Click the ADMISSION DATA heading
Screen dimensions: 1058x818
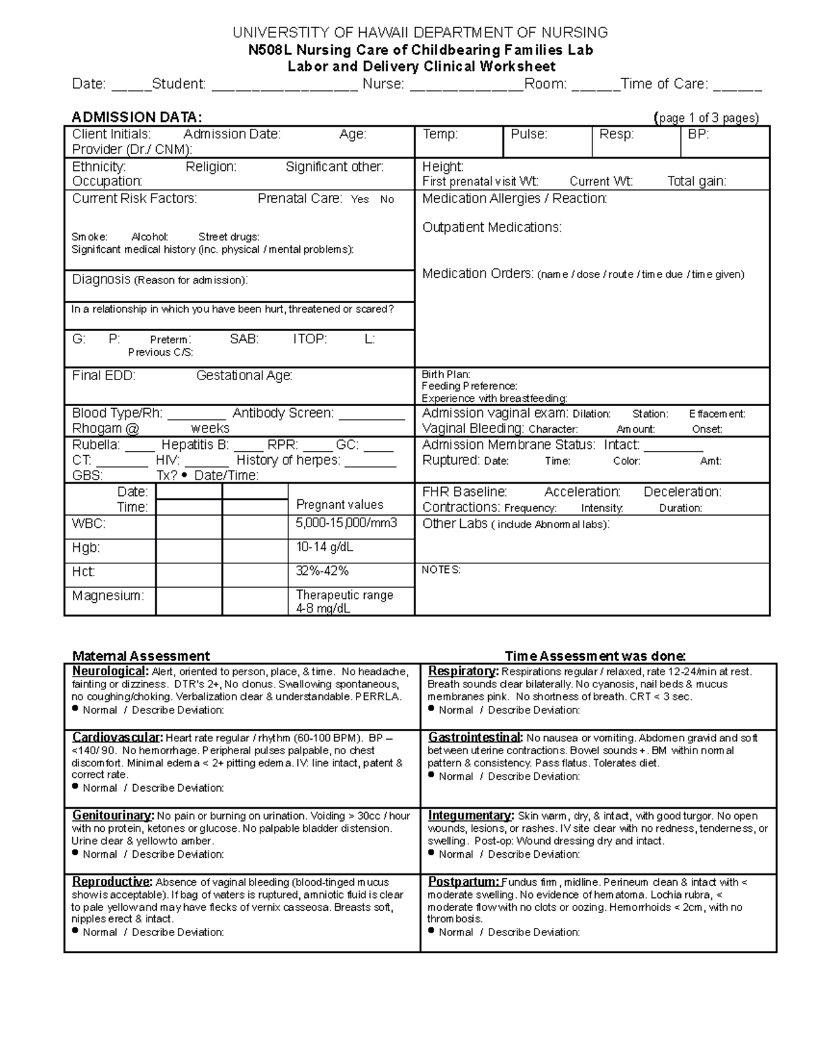(137, 117)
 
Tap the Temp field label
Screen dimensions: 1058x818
(440, 134)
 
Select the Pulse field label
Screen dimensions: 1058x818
(529, 134)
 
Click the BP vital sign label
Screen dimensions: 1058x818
(698, 134)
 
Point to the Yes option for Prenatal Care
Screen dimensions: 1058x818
(360, 200)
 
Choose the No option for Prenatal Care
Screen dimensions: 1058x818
(387, 200)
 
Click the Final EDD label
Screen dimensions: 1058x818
(104, 375)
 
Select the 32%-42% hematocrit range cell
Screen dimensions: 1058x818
(322, 571)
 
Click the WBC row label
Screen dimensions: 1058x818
(89, 524)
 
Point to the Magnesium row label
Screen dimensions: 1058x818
(108, 595)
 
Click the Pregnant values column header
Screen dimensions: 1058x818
(339, 505)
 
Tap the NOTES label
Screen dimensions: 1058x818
(441, 570)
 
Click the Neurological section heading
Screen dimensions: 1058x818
(110, 672)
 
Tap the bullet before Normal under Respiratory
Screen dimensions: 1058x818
(431, 709)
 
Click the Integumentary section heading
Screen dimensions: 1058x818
(471, 815)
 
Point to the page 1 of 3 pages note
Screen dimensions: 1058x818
(706, 118)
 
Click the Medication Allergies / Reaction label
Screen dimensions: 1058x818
(515, 199)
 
